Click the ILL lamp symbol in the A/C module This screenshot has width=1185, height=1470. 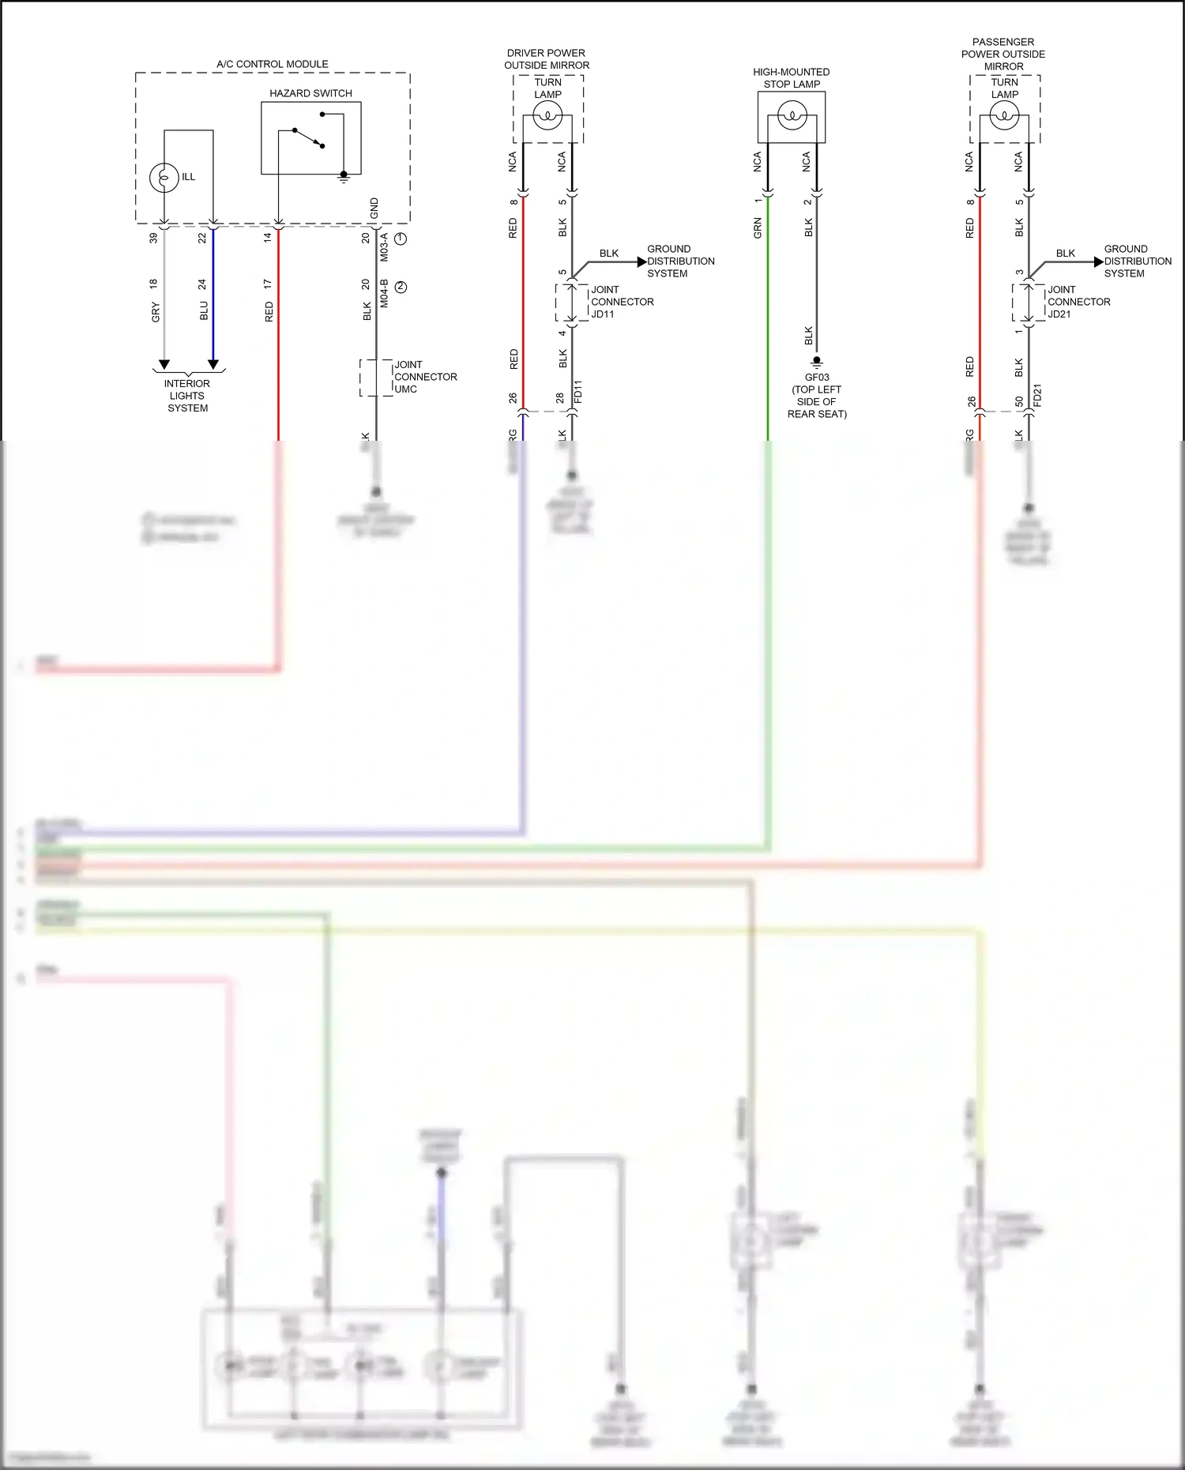click(164, 177)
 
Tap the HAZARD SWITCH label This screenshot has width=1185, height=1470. click(310, 93)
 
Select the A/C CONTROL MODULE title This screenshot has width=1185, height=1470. click(273, 64)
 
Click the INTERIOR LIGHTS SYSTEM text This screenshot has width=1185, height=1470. click(187, 396)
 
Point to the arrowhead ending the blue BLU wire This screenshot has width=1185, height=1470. click(213, 364)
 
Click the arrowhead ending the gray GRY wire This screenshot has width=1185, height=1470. click(164, 364)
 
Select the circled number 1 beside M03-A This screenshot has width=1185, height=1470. click(401, 238)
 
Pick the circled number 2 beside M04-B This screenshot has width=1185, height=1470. click(401, 287)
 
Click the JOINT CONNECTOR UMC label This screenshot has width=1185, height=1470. click(425, 377)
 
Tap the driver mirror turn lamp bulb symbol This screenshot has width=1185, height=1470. click(547, 117)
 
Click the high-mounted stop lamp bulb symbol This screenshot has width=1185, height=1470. click(792, 117)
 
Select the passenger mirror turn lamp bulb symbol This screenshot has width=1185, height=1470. click(1004, 117)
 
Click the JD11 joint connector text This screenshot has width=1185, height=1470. click(603, 314)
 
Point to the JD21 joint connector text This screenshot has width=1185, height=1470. click(1059, 314)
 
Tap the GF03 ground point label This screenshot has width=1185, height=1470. click(817, 377)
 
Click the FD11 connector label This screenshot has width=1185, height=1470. click(577, 393)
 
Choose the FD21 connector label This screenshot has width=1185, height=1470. click(1037, 395)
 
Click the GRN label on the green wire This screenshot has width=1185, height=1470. click(758, 228)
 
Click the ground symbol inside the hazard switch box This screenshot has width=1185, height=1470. click(344, 177)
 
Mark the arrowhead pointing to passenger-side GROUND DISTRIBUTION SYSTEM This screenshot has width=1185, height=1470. click(1098, 261)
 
